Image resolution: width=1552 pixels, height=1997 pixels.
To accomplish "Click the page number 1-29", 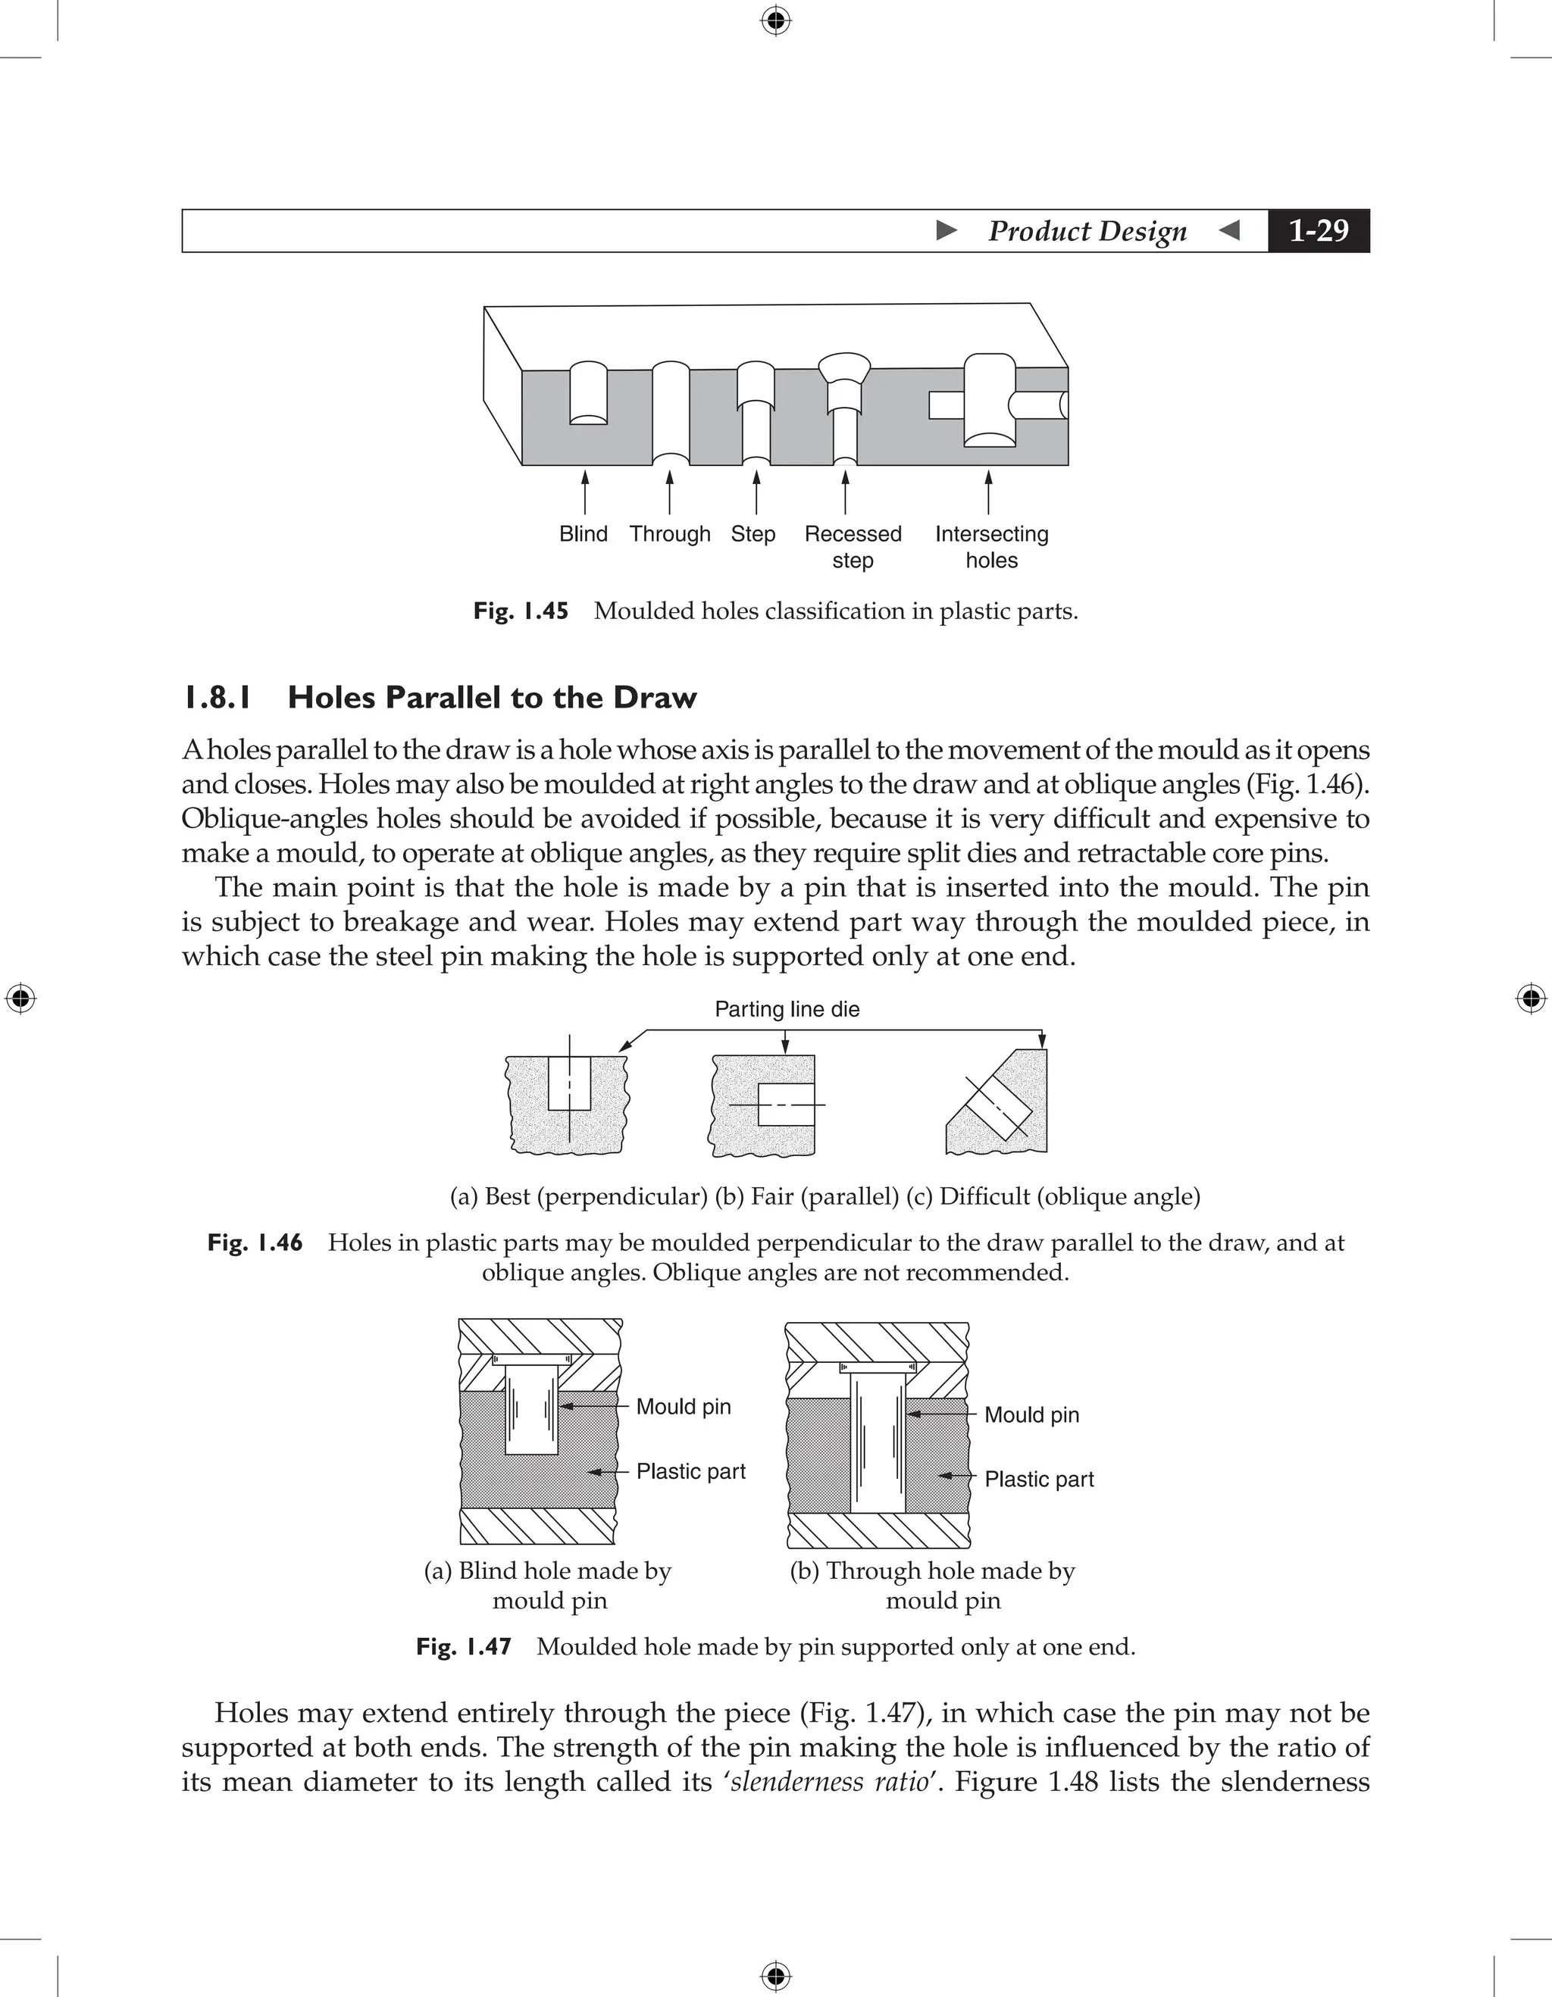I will tap(1318, 230).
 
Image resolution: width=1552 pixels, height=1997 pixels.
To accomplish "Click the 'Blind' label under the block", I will tap(583, 534).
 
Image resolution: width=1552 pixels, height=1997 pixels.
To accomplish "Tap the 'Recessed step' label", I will tap(853, 547).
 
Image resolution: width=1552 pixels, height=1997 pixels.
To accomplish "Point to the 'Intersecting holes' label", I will tap(991, 547).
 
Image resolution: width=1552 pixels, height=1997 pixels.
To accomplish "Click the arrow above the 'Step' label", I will tap(756, 492).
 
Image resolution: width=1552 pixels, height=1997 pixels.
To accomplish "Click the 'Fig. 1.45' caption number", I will tap(521, 611).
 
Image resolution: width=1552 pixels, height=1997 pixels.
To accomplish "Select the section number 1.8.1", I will tap(217, 698).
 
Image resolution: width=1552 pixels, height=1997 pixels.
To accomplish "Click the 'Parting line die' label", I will tap(787, 1008).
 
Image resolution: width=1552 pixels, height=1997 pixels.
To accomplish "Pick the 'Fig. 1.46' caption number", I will tap(255, 1242).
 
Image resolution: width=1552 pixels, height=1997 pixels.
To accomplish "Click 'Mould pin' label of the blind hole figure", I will tap(684, 1406).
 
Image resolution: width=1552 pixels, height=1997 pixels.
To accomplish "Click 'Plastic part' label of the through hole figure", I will tap(1039, 1479).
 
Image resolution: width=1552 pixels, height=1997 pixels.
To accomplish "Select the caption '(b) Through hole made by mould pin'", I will tap(933, 1586).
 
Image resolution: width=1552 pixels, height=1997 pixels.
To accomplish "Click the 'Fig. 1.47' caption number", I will tap(463, 1647).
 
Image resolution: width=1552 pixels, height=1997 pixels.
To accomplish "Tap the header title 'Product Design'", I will tap(1087, 230).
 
